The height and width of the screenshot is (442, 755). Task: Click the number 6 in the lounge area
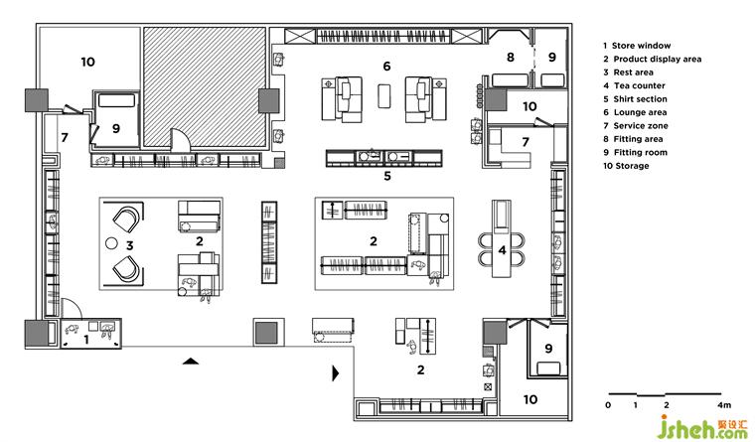point(386,66)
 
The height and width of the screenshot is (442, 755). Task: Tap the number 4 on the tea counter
point(503,250)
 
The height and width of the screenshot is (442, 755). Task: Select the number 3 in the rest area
point(129,245)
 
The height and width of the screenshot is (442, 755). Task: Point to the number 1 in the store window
point(86,340)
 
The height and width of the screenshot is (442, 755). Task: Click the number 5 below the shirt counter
point(387,176)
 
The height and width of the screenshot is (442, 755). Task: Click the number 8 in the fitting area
point(511,58)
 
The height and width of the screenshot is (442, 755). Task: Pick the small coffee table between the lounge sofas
point(384,95)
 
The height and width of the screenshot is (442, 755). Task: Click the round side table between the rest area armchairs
point(111,243)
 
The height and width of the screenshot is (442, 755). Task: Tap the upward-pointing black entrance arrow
point(191,362)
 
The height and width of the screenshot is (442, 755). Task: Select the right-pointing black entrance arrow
point(336,373)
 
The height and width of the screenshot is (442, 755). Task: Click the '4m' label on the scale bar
point(723,405)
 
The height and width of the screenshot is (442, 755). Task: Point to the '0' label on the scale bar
point(608,405)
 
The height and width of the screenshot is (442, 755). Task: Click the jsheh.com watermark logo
point(702,427)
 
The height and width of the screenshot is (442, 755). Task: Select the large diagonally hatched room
point(205,86)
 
